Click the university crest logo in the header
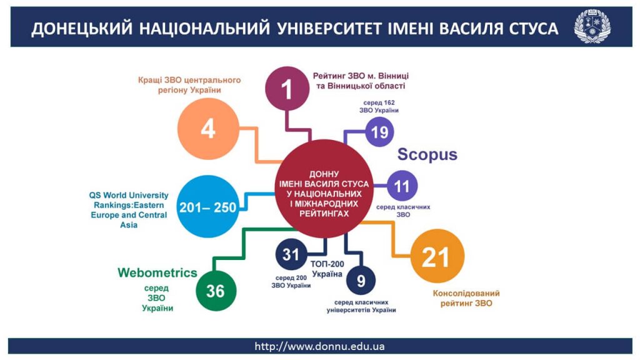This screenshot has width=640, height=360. click(592, 26)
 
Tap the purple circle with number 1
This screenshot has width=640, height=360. click(287, 89)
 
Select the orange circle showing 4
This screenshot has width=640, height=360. click(208, 129)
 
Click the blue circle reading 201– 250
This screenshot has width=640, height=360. click(208, 206)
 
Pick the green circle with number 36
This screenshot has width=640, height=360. click(216, 291)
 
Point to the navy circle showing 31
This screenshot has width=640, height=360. click(291, 254)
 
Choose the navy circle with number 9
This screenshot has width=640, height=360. click(361, 281)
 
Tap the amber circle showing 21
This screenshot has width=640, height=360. click(437, 256)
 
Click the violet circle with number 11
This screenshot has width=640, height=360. click(402, 186)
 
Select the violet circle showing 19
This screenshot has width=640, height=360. click(379, 132)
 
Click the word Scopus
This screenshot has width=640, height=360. click(427, 154)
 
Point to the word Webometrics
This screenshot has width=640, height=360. click(157, 272)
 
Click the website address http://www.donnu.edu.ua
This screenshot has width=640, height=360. click(319, 346)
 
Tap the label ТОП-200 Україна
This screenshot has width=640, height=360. click(327, 269)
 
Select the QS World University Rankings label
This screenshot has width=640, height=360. click(129, 210)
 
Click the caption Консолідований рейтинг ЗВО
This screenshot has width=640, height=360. click(466, 298)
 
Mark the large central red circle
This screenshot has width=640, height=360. click(324, 189)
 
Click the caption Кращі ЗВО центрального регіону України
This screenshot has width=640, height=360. click(189, 85)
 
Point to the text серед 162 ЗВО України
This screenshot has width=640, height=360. click(379, 106)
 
